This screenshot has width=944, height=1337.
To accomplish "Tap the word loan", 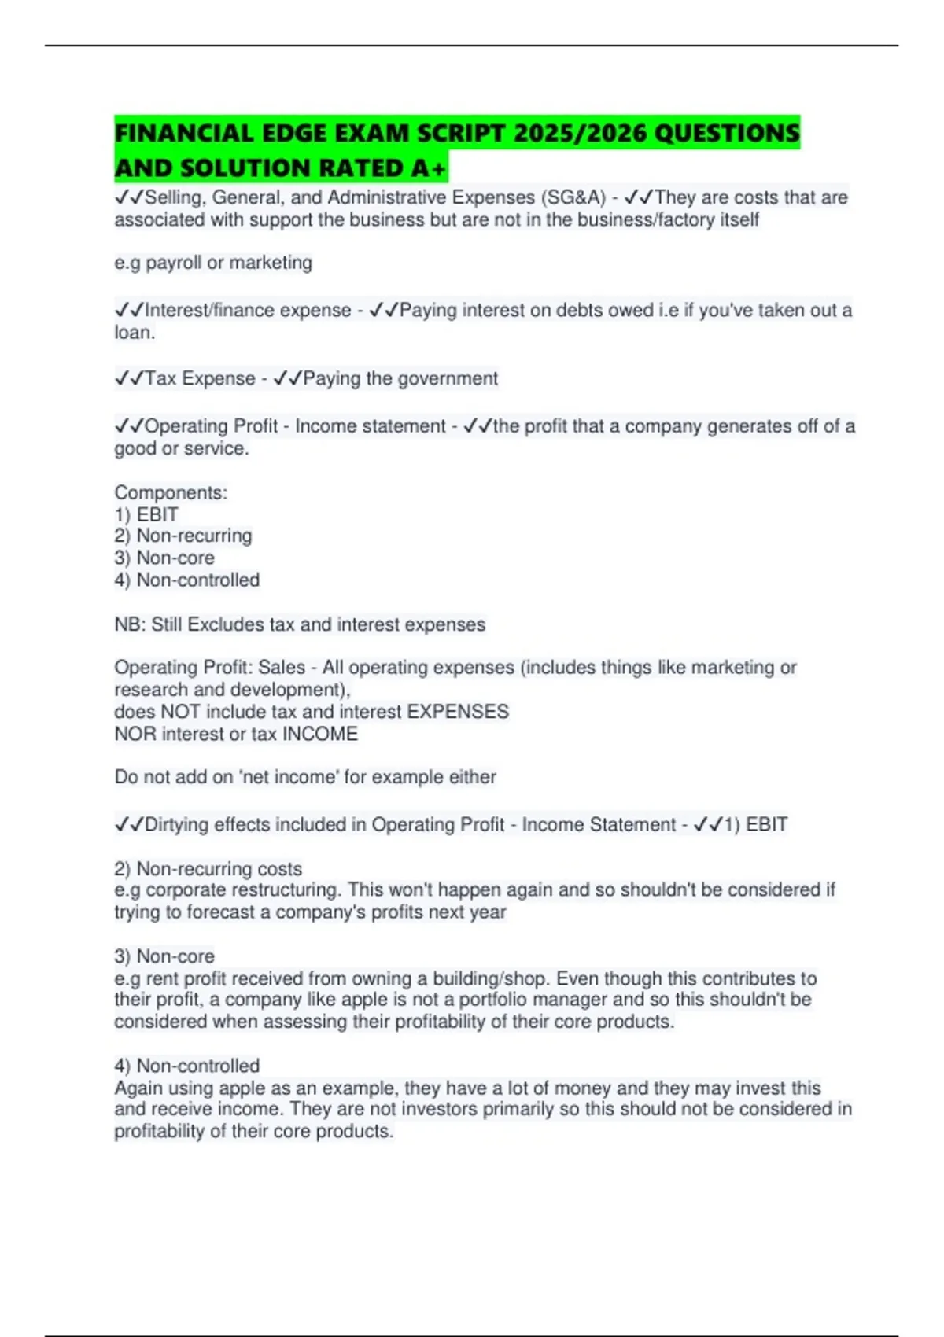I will click(x=133, y=333).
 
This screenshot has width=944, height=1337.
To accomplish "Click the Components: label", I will click(x=171, y=492).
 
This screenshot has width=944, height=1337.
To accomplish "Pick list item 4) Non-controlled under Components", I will click(x=187, y=580).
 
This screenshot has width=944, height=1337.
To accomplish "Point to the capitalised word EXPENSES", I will click(x=458, y=712).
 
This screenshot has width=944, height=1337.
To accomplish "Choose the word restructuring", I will click(x=286, y=890).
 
